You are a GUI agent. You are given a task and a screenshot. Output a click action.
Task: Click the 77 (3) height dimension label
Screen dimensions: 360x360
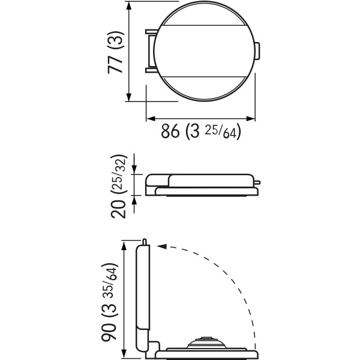click(116, 52)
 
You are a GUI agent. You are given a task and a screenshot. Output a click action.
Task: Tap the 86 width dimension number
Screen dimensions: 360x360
click(170, 131)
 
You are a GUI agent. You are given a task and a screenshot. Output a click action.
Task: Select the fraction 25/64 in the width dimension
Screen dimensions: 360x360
click(221, 132)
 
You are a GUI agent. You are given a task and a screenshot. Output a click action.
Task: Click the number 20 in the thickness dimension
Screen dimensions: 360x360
click(119, 209)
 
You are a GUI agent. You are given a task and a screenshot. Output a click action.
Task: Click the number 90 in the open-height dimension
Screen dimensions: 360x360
click(109, 331)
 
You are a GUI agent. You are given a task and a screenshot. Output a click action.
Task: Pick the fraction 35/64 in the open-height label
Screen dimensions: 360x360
click(110, 286)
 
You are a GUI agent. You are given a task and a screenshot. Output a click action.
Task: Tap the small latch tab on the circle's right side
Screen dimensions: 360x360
click(257, 51)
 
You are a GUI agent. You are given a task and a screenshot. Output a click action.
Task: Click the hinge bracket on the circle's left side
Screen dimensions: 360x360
click(151, 51)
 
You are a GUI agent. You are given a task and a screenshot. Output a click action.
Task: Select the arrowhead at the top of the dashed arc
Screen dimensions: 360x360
click(162, 247)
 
